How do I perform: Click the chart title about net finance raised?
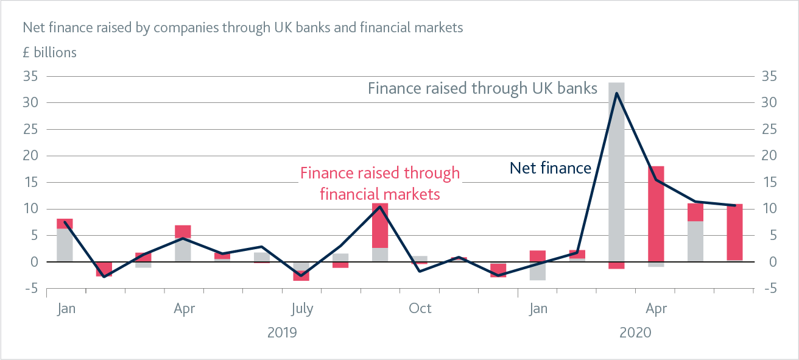(242, 27)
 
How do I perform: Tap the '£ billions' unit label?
(49, 52)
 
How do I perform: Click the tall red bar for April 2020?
(656, 213)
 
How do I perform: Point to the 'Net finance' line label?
(550, 168)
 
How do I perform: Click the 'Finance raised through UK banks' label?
(482, 88)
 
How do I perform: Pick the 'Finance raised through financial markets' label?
(380, 183)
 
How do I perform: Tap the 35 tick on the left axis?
(30, 76)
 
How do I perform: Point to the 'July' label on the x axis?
(302, 309)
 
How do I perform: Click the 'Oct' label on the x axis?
(420, 309)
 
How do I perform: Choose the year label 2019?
(282, 333)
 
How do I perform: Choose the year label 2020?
(635, 333)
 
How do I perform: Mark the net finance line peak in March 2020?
(616, 93)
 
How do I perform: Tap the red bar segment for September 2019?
(380, 225)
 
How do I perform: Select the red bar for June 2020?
(734, 232)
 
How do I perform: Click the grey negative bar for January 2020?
(538, 271)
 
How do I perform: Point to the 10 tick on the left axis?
(30, 209)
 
